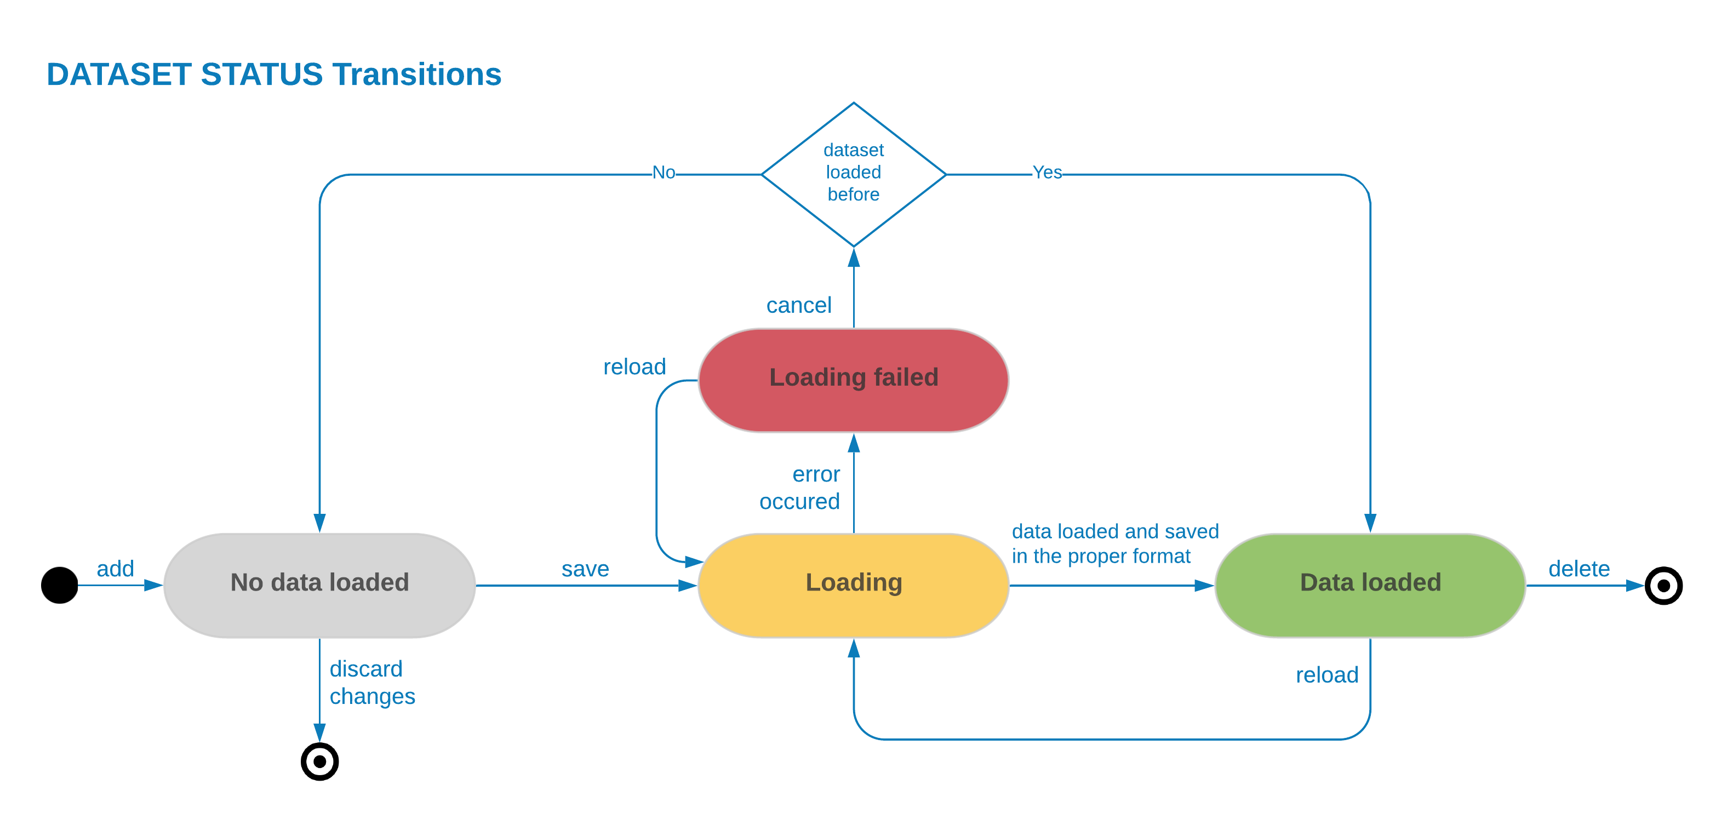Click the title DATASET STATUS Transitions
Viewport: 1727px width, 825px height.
point(273,75)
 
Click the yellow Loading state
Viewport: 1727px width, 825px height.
point(854,583)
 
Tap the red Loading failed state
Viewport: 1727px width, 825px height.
point(854,378)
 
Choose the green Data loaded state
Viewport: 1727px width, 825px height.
point(1370,583)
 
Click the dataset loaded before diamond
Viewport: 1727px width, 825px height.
point(854,173)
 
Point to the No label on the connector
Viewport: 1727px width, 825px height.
point(664,173)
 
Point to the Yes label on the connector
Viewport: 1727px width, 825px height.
point(1047,173)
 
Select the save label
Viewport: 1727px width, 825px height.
point(585,569)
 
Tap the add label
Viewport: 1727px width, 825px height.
point(115,569)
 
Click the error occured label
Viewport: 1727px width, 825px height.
point(800,488)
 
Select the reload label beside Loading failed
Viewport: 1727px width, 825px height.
point(634,367)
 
